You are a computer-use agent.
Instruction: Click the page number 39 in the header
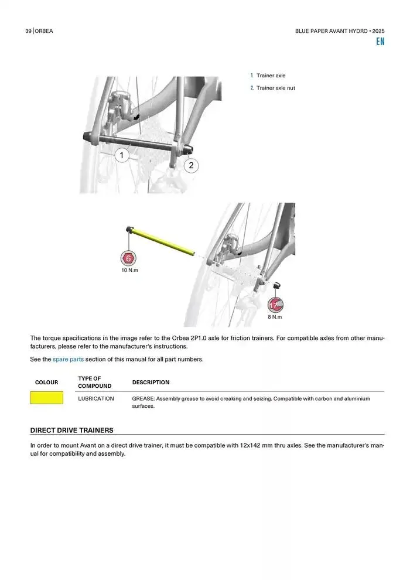[28, 31]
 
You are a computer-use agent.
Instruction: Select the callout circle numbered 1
[121, 155]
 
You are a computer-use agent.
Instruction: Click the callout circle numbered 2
[191, 166]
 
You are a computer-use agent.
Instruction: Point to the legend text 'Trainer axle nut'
[276, 88]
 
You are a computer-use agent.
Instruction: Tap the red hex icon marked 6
[129, 258]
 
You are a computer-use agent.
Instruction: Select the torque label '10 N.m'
[129, 270]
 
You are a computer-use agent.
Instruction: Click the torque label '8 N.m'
[275, 317]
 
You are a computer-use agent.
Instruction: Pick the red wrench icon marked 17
[275, 305]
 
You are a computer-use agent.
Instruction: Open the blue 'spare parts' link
[68, 359]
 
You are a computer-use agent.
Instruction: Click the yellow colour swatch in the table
[46, 398]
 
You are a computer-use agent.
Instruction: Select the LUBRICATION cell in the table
[96, 398]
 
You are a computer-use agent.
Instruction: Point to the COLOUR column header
[46, 383]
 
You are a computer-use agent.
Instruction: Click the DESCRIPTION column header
[151, 383]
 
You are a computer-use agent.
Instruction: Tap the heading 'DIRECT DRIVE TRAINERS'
[71, 430]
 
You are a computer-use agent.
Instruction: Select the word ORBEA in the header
[44, 31]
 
